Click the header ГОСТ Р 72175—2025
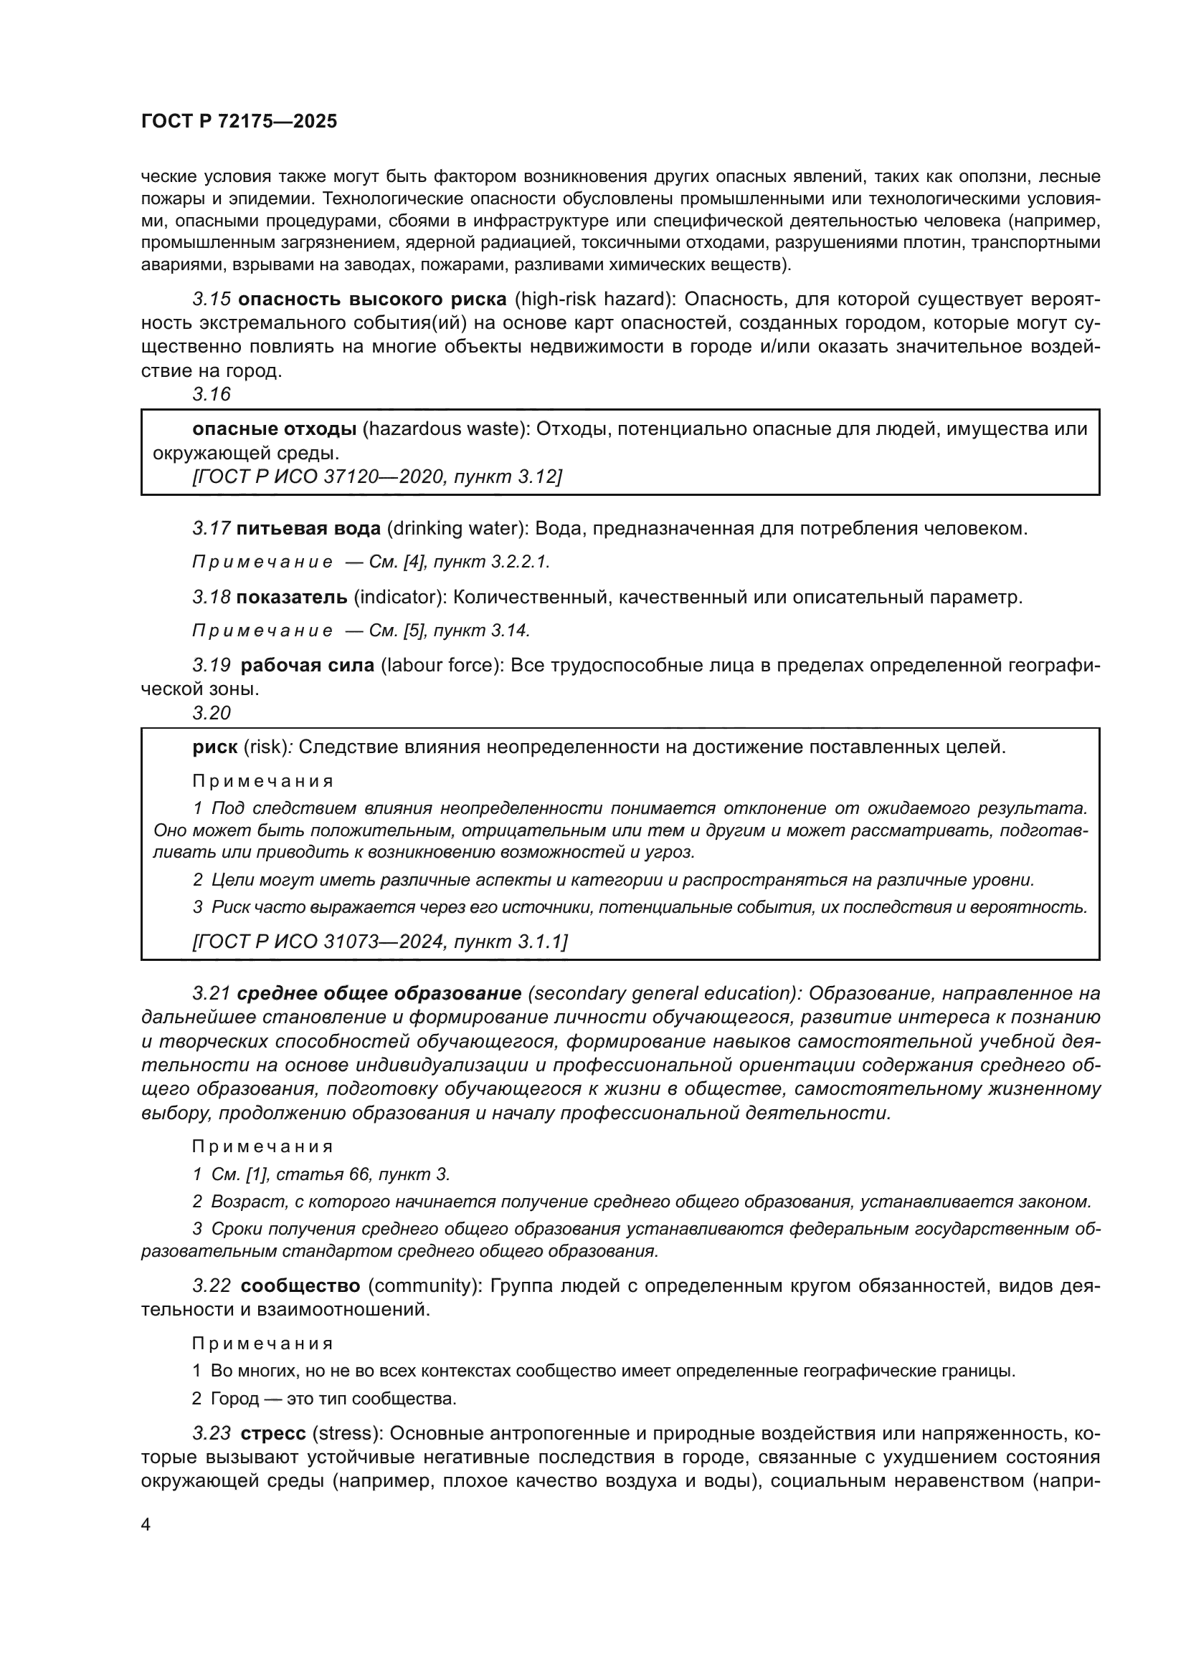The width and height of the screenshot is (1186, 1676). click(239, 122)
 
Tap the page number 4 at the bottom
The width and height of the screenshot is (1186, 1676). click(146, 1525)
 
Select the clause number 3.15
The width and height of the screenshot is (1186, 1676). click(212, 300)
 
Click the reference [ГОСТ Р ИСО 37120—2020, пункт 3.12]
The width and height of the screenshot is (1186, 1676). click(377, 477)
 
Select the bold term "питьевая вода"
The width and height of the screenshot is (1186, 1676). click(308, 528)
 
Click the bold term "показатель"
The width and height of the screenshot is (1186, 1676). click(292, 597)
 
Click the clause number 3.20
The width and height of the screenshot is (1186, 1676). click(212, 713)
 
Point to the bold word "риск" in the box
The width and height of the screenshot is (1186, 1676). click(214, 747)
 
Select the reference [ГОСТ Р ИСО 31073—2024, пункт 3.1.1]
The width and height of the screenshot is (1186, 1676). click(380, 942)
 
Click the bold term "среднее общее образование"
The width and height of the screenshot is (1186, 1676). click(380, 993)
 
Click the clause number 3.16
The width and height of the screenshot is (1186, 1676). click(212, 394)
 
